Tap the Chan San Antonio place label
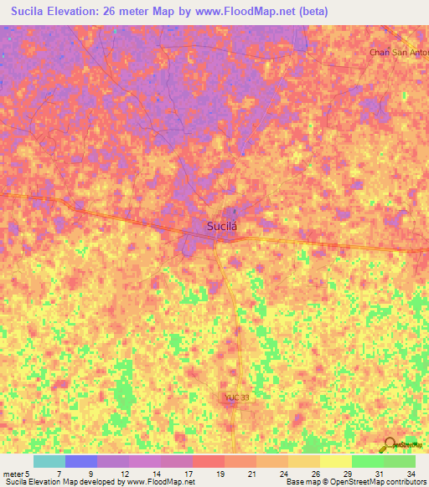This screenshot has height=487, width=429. click(x=399, y=52)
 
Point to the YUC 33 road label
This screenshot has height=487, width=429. click(x=237, y=398)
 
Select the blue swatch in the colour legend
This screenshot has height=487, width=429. click(x=80, y=461)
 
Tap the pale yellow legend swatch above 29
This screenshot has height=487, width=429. click(x=335, y=461)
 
